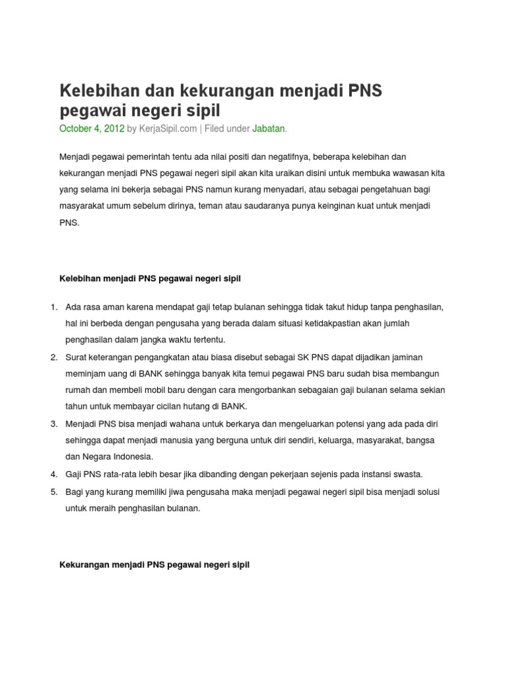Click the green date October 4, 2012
tap(92, 129)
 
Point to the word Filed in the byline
tap(216, 129)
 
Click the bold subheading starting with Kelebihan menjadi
tap(151, 279)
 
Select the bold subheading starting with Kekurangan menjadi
tap(155, 565)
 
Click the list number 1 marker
tap(53, 307)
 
